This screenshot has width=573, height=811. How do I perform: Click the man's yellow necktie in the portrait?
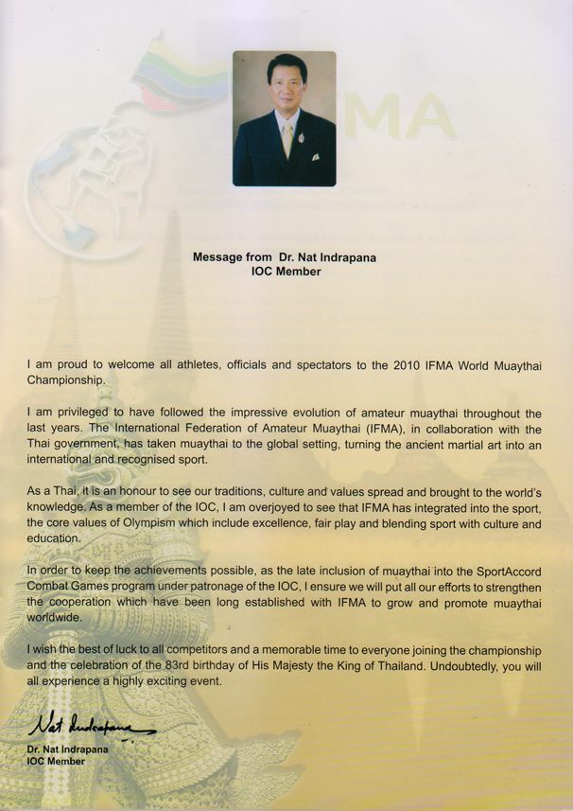point(286,137)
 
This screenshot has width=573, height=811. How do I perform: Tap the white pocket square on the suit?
point(315,156)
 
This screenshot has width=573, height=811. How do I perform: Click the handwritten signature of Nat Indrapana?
point(91,728)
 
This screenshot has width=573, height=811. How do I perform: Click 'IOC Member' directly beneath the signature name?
point(56,761)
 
